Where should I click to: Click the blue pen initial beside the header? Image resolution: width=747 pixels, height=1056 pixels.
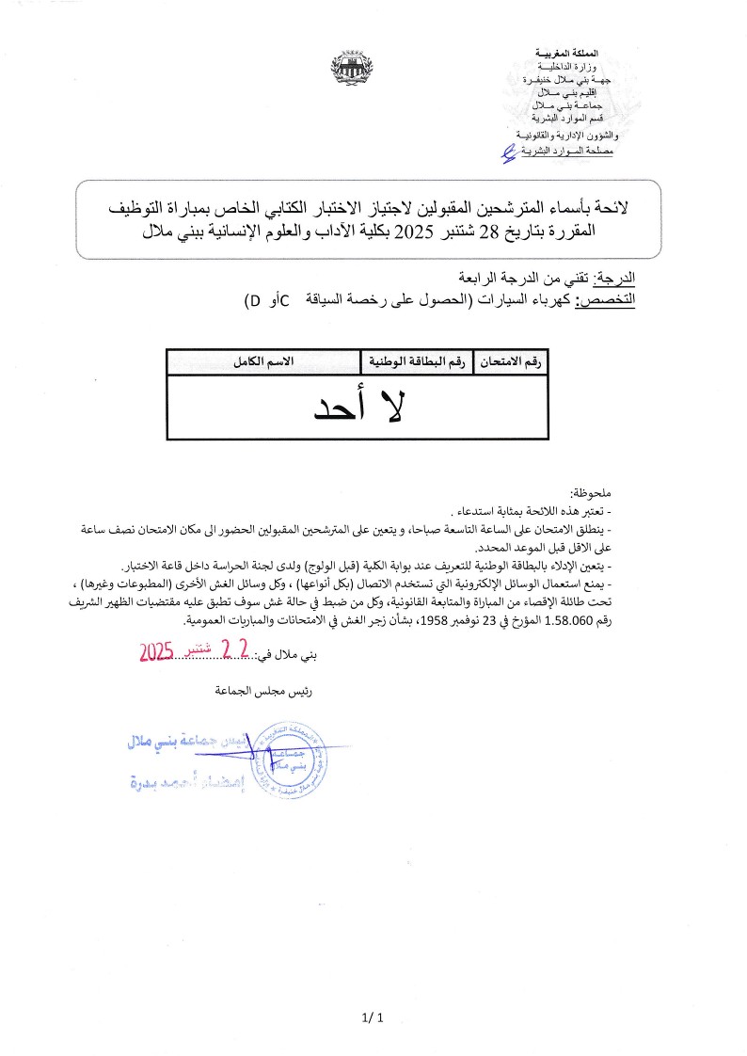508,151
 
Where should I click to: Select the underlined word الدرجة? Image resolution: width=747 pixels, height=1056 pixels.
617,279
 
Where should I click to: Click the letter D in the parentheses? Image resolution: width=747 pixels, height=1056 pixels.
253,300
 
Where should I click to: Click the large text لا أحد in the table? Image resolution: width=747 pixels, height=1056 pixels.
357,408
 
